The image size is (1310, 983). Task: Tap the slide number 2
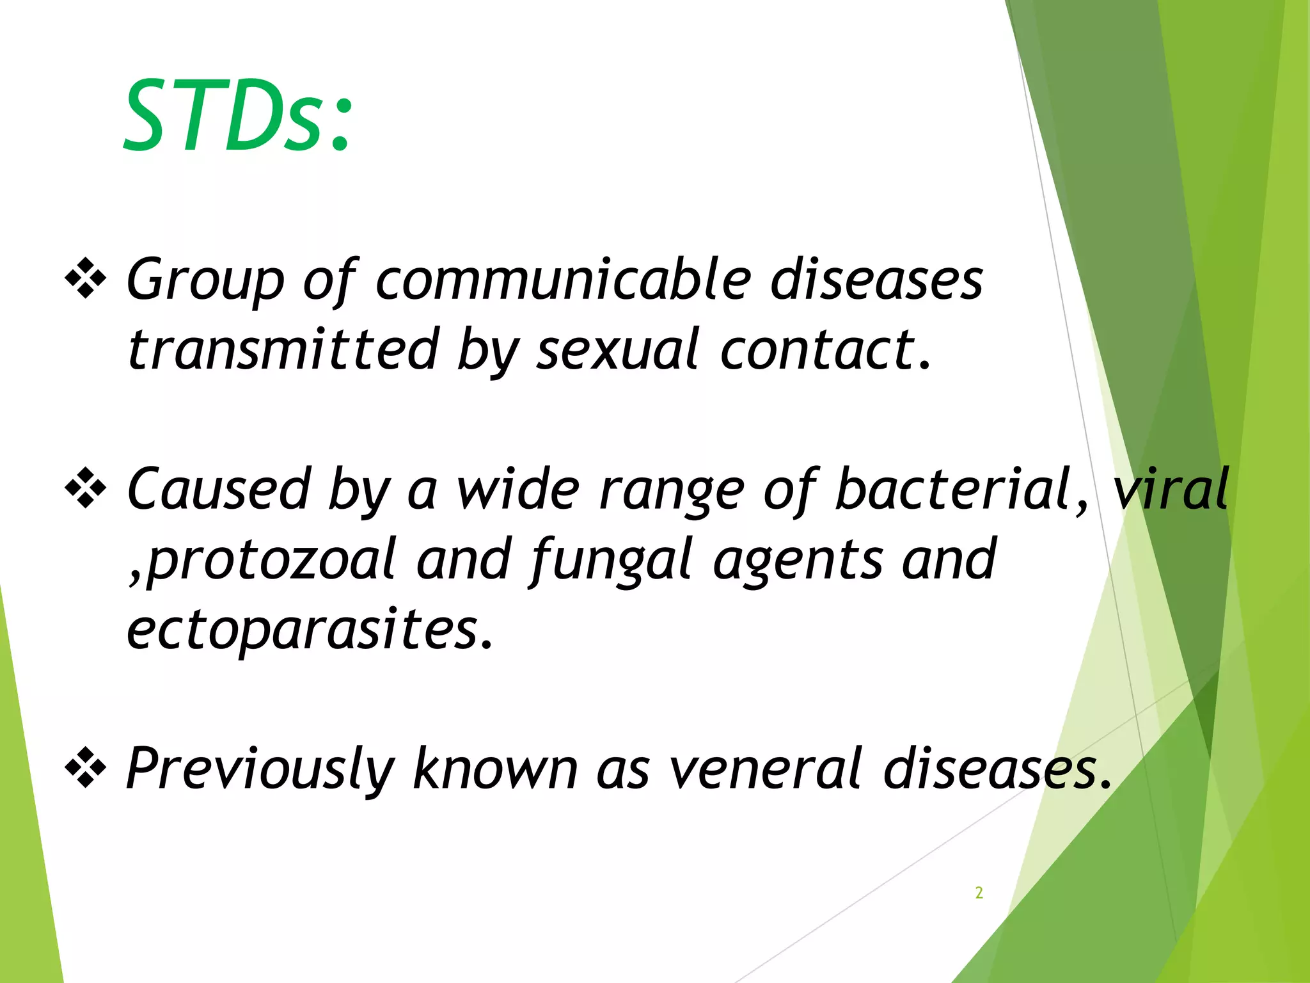pyautogui.click(x=979, y=892)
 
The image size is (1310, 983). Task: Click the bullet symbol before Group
pyautogui.click(x=85, y=278)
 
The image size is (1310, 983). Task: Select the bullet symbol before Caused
pyautogui.click(x=85, y=488)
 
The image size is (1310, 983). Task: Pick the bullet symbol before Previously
pyautogui.click(x=85, y=767)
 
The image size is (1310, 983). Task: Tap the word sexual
pyautogui.click(x=617, y=349)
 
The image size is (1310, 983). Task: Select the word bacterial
pyautogui.click(x=953, y=490)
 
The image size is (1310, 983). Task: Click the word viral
pyautogui.click(x=1171, y=490)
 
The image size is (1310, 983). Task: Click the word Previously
pyautogui.click(x=259, y=768)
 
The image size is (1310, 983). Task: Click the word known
pyautogui.click(x=496, y=768)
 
